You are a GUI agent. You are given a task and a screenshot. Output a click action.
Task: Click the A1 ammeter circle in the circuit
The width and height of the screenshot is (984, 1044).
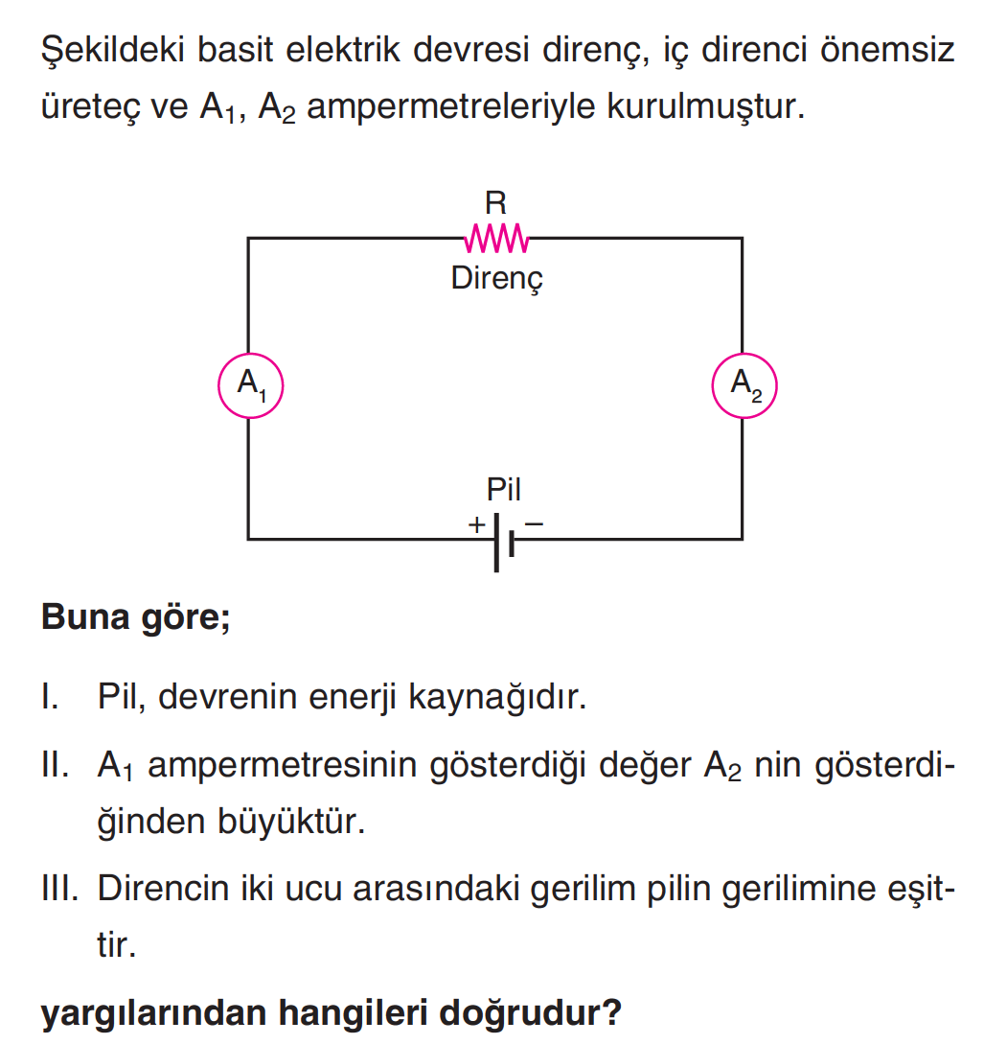pos(218,385)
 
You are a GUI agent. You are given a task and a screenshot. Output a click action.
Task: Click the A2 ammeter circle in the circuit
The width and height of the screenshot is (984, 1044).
pos(712,385)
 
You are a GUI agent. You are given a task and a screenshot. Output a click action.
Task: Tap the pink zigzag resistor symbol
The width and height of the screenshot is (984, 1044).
pos(496,239)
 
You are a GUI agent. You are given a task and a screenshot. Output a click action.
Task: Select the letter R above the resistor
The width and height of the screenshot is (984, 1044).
pos(495,202)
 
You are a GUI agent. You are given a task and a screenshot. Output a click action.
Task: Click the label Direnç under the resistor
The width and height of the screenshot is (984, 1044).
pos(497,279)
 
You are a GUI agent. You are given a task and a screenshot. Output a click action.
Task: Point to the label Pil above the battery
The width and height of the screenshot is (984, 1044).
pos(504,489)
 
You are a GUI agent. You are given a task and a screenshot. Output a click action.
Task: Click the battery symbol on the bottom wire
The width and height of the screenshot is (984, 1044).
pos(504,542)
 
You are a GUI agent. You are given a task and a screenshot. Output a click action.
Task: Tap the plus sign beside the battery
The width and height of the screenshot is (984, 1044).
pos(476,524)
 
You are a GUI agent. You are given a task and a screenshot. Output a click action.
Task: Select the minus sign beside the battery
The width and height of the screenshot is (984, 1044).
pos(534,524)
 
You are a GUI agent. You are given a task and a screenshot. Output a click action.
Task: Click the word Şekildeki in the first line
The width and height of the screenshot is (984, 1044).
pos(112,50)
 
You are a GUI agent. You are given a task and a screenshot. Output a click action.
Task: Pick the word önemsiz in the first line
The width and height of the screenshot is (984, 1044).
pos(887,50)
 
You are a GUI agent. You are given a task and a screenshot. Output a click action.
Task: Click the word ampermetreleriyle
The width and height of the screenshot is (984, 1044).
pos(450,106)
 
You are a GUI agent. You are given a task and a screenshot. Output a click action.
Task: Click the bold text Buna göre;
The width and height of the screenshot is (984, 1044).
pos(136,617)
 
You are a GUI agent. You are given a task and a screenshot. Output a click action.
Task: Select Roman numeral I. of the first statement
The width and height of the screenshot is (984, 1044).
pos(50,696)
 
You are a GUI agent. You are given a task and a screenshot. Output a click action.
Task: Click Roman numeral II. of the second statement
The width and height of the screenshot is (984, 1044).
pos(55,764)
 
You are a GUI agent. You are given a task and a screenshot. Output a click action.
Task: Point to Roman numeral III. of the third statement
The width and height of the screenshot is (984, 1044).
pos(59,888)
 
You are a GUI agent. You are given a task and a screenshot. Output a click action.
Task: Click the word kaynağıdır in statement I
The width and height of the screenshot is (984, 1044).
pos(497,697)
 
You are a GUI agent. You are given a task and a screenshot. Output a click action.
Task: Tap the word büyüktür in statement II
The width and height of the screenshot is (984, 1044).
pos(291,821)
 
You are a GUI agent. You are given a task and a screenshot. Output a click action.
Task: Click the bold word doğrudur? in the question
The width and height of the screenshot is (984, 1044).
pos(530,1012)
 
